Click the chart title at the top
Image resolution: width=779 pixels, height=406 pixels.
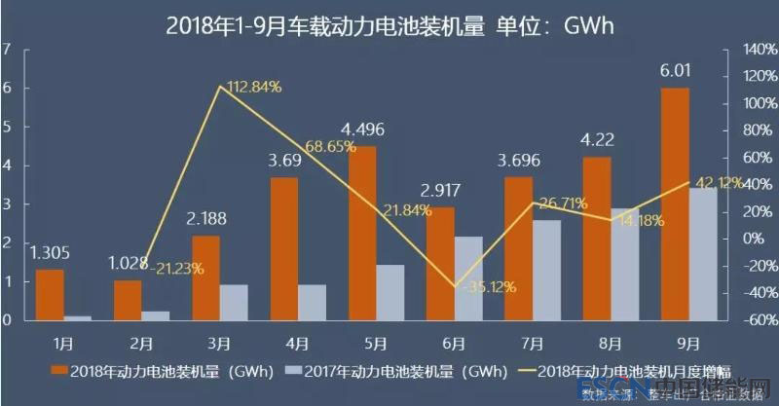tap(389, 22)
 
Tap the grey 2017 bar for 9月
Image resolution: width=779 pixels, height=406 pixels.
tap(702, 253)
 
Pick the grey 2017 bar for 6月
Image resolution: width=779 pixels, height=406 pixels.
tap(467, 277)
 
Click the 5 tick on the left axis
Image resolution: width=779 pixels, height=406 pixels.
tap(7, 127)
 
